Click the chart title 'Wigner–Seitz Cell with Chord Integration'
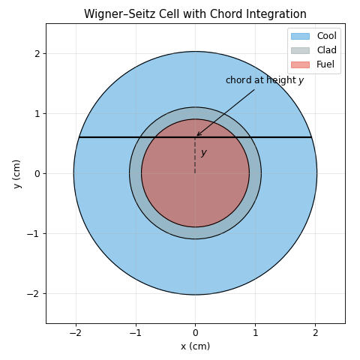pos(195,14)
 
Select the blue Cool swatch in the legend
pos(300,36)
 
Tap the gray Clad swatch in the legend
pos(300,50)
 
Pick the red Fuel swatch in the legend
pos(300,64)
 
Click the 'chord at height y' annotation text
pos(265,80)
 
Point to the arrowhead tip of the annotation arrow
pos(196,136)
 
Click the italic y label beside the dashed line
pos(204,152)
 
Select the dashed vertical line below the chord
pos(195,155)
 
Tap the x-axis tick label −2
pos(76,333)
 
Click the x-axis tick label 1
pos(255,333)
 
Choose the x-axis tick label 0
pos(196,333)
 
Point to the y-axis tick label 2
pos(37,54)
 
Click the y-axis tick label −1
pos(34,234)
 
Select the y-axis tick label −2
pos(34,294)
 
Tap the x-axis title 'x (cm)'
pos(196,346)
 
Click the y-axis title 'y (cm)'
pos(16,174)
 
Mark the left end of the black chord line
pos(79,137)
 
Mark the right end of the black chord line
pos(312,137)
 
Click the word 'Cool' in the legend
pos(327,36)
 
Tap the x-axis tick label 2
pos(315,333)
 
